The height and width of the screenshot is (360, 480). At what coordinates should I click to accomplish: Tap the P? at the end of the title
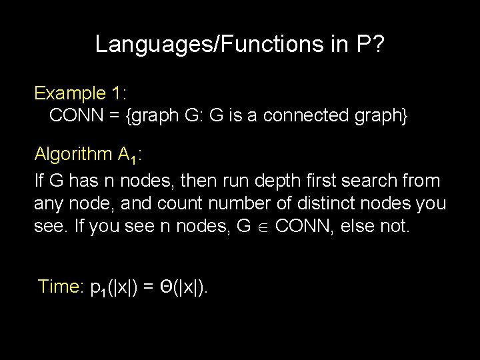pyautogui.click(x=371, y=44)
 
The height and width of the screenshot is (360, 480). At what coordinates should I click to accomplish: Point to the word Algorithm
pyautogui.click(x=73, y=155)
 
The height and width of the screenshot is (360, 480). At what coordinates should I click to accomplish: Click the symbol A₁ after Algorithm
pyautogui.click(x=127, y=156)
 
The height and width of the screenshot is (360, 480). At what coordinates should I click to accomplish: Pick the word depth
pyautogui.click(x=284, y=181)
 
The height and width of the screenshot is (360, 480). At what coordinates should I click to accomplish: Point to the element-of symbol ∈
pyautogui.click(x=263, y=227)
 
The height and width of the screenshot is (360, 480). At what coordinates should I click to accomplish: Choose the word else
pyautogui.click(x=360, y=226)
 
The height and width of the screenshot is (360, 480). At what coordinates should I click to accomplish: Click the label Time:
pyautogui.click(x=60, y=287)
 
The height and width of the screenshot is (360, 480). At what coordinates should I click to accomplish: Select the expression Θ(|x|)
pyautogui.click(x=183, y=287)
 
